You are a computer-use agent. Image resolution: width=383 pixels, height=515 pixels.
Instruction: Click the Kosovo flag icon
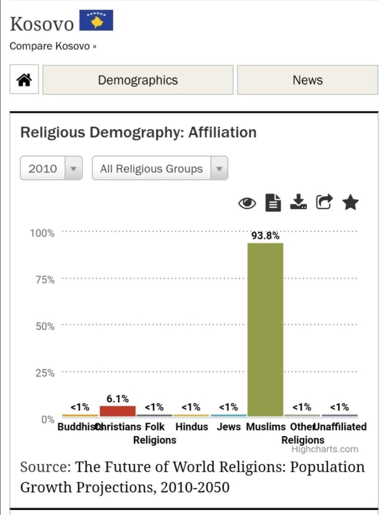(96, 20)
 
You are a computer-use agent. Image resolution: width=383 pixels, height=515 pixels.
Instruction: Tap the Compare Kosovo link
(53, 46)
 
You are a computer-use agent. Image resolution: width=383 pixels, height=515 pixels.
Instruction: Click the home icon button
(24, 80)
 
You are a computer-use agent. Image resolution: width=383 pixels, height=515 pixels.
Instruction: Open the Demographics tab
(138, 80)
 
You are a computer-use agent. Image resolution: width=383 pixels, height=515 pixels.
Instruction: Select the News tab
(307, 80)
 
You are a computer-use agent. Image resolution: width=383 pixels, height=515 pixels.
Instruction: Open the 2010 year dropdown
(51, 168)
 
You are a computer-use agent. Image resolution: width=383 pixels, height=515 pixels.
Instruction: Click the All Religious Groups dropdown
(159, 168)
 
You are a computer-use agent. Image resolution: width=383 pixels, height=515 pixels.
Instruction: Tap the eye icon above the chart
(247, 203)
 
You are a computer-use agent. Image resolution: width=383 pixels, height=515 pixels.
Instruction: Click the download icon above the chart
(299, 202)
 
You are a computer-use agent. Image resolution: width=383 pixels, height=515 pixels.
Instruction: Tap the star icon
(350, 203)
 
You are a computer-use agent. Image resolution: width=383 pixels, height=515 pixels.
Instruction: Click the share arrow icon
(324, 202)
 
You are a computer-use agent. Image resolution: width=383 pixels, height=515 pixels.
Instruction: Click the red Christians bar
(118, 411)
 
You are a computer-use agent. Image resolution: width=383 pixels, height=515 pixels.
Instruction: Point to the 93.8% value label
(265, 235)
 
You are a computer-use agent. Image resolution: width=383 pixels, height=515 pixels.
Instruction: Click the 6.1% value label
(118, 399)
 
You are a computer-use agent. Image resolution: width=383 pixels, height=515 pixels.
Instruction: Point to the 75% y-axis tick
(45, 280)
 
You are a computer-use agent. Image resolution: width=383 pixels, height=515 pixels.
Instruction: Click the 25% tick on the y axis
(45, 373)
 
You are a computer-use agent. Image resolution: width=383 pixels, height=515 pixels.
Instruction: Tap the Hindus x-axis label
(191, 427)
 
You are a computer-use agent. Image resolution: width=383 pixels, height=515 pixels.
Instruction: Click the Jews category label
(229, 427)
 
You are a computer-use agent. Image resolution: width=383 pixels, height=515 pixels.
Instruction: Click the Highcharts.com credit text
(325, 449)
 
